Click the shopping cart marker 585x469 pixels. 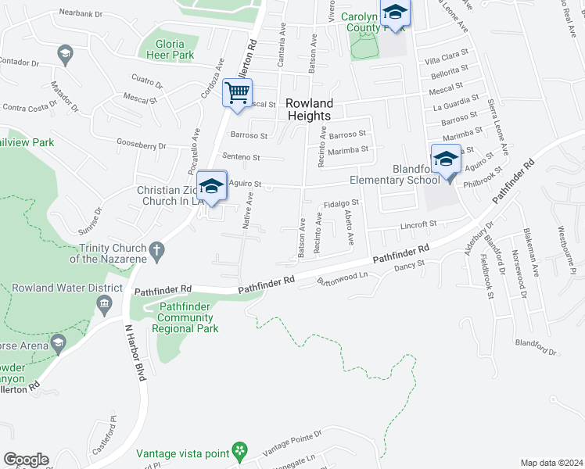pos(237,93)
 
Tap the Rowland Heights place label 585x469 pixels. pos(309,109)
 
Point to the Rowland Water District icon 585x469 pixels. pos(107,303)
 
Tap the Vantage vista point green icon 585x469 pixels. pos(240,451)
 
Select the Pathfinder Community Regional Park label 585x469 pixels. pos(185,318)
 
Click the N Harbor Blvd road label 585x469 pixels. pos(135,352)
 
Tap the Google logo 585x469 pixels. pos(25,460)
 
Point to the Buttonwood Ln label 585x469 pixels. pos(342,279)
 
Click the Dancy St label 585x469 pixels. pos(409,265)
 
